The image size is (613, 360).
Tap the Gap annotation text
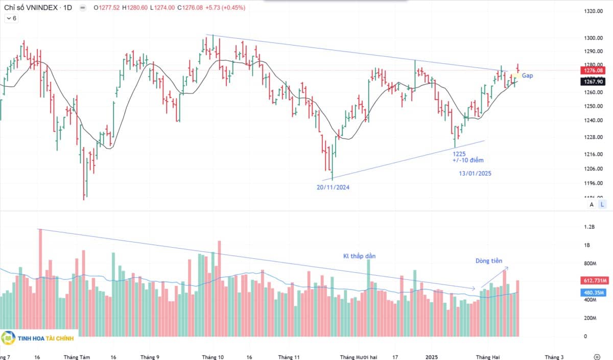coord(528,76)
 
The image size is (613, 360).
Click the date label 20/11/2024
coord(333,187)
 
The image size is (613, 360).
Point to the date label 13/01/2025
coord(475,173)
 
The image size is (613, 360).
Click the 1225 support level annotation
coord(459,153)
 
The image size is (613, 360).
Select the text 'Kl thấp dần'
coord(359,256)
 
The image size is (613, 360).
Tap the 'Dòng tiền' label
coord(489,261)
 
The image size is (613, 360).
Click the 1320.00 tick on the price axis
coord(593,11)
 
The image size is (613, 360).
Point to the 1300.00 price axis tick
coord(593,38)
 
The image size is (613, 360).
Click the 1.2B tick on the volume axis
coord(589,227)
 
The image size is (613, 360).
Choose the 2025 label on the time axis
coord(432,357)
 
